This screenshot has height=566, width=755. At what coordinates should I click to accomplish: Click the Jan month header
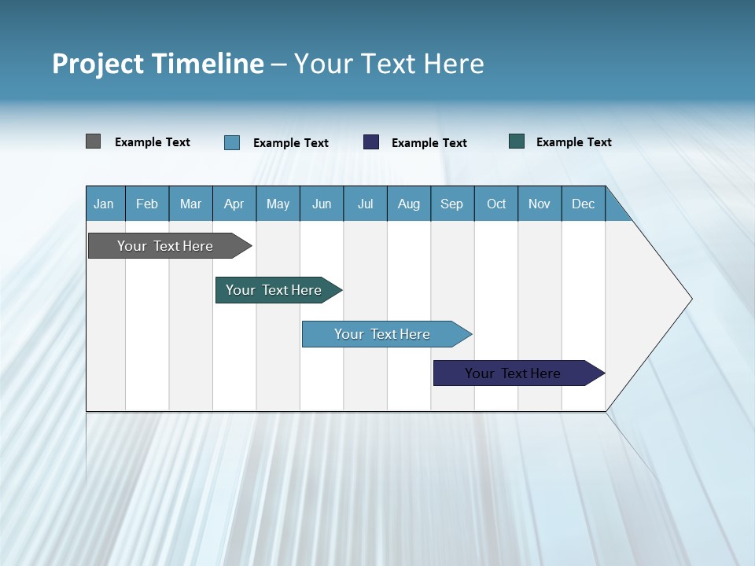(x=104, y=204)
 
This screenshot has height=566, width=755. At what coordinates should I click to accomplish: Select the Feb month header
(x=147, y=204)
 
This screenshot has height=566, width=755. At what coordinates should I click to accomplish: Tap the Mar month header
(x=190, y=204)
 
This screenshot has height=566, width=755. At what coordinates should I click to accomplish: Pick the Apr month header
(x=234, y=204)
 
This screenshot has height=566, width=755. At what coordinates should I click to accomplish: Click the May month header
(x=278, y=204)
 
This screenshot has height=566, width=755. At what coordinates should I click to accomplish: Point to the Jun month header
(x=322, y=204)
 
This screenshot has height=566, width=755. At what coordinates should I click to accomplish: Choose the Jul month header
(x=365, y=204)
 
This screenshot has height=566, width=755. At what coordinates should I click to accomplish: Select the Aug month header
(x=408, y=204)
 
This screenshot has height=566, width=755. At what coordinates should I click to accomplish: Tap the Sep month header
(x=451, y=204)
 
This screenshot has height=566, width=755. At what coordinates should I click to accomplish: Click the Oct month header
(x=496, y=204)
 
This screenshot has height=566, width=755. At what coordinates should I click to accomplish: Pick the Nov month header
(x=540, y=204)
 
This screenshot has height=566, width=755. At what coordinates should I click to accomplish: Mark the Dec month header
(x=583, y=204)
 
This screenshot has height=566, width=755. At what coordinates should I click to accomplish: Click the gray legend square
(x=93, y=141)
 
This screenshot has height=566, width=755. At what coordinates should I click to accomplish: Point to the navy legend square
(x=371, y=142)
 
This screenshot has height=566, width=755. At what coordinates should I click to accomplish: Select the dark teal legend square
(x=517, y=141)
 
